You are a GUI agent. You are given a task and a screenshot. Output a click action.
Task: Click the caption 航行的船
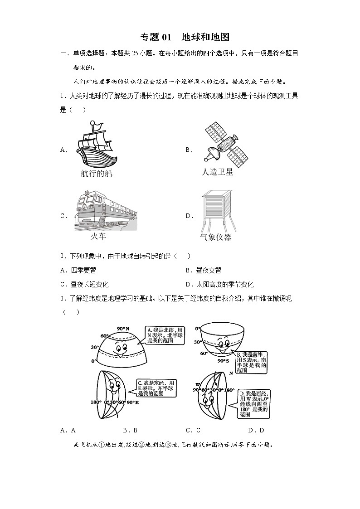96,174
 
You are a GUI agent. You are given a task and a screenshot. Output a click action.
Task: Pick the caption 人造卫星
217,172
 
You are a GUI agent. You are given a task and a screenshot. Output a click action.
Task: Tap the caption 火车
98,236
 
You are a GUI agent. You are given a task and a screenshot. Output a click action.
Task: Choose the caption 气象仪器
215,237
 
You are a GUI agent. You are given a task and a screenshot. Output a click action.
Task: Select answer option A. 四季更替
78,270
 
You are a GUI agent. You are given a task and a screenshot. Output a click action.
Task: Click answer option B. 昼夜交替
203,270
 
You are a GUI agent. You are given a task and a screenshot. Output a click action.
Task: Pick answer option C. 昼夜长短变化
84,284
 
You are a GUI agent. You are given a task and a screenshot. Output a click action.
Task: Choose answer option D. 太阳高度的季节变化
219,284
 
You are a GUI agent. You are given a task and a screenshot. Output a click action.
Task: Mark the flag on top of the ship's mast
94,124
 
